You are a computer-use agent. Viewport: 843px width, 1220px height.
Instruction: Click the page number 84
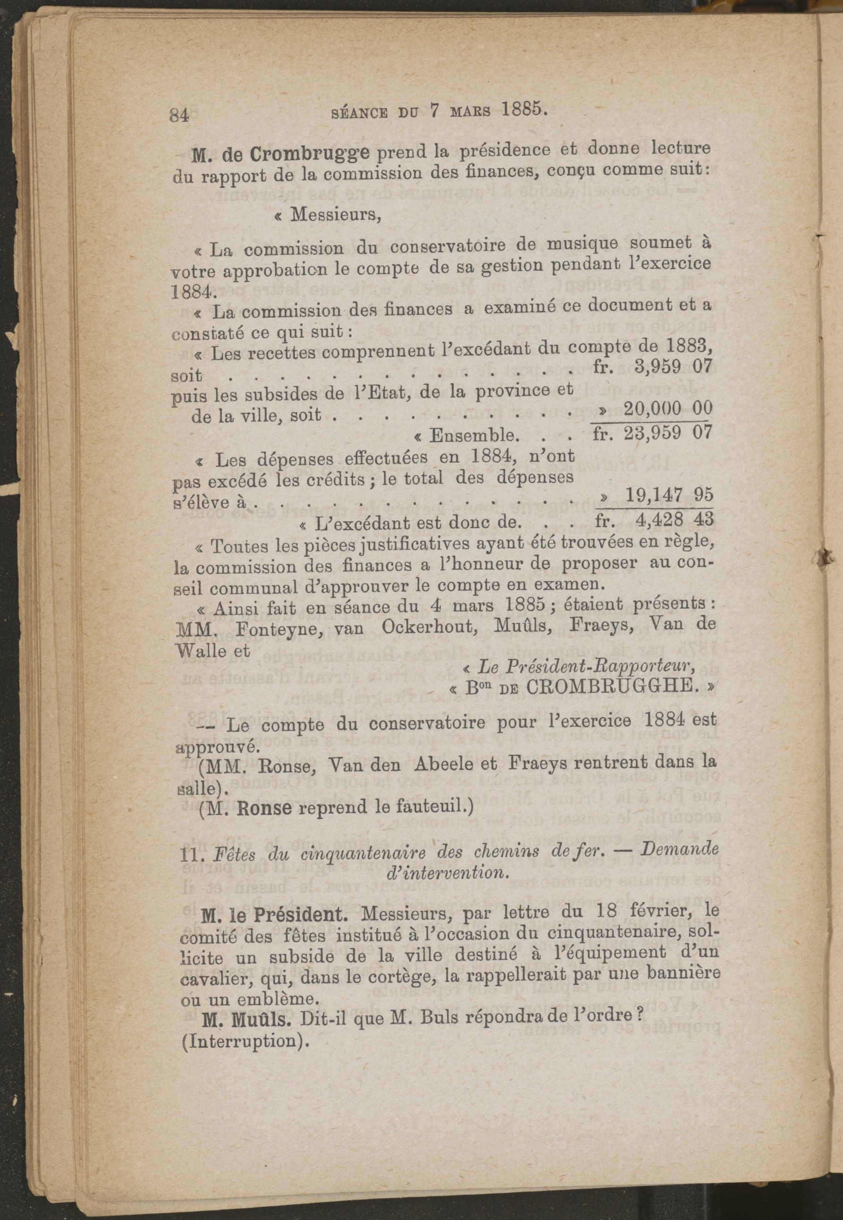pos(179,115)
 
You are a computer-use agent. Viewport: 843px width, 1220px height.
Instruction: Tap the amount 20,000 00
pos(668,408)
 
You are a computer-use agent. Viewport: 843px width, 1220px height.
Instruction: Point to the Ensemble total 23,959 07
pos(668,433)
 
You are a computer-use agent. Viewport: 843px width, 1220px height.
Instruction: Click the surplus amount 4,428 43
pos(674,519)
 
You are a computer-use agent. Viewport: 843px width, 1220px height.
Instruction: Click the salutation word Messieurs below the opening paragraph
pos(336,214)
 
